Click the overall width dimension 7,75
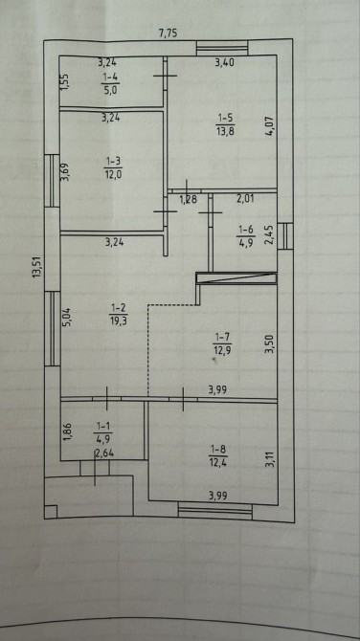coord(168,33)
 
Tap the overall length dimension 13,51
coord(37,267)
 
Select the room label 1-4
coord(110,77)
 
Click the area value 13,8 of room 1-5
coord(225,131)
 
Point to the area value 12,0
coord(113,173)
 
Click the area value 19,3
coord(117,320)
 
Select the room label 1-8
coord(218,450)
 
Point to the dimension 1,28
coord(189,200)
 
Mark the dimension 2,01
coord(245,200)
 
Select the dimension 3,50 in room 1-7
coord(268,344)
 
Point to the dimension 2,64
coord(102,452)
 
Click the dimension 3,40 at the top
coord(224,62)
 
